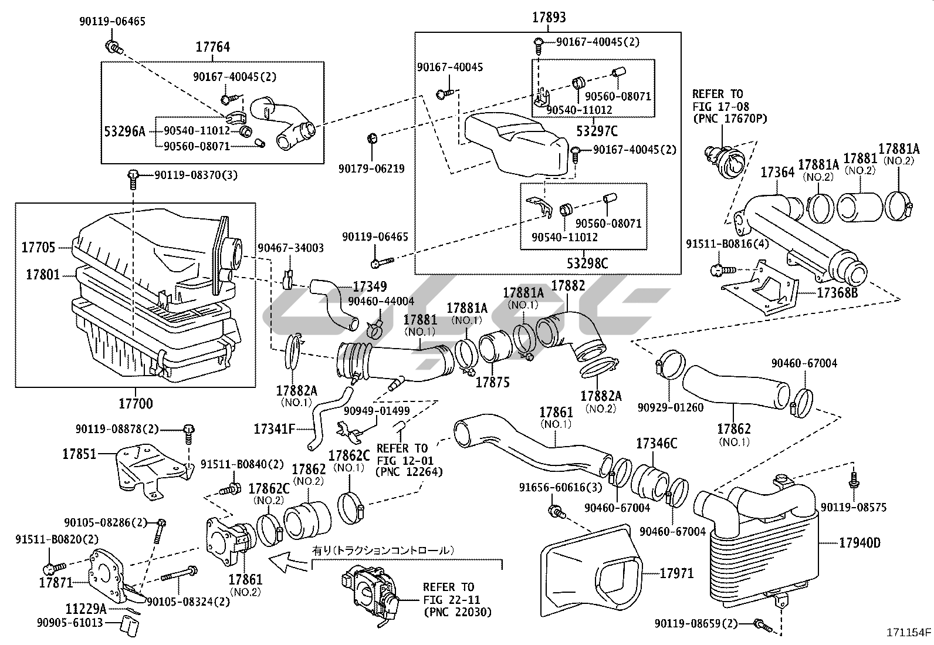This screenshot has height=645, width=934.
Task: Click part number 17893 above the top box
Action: click(x=549, y=18)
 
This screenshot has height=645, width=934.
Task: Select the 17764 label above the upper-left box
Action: click(x=212, y=47)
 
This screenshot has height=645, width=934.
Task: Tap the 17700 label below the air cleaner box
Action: click(x=136, y=403)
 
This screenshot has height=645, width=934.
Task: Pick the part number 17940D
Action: click(x=859, y=543)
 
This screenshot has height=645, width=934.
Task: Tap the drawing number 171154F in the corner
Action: click(x=909, y=632)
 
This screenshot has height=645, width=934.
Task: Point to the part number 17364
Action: click(x=777, y=173)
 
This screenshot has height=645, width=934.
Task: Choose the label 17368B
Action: click(x=837, y=292)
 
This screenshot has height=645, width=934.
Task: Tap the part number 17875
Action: click(x=492, y=382)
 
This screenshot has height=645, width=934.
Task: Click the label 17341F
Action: click(x=274, y=428)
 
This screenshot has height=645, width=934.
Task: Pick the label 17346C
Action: click(x=656, y=444)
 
